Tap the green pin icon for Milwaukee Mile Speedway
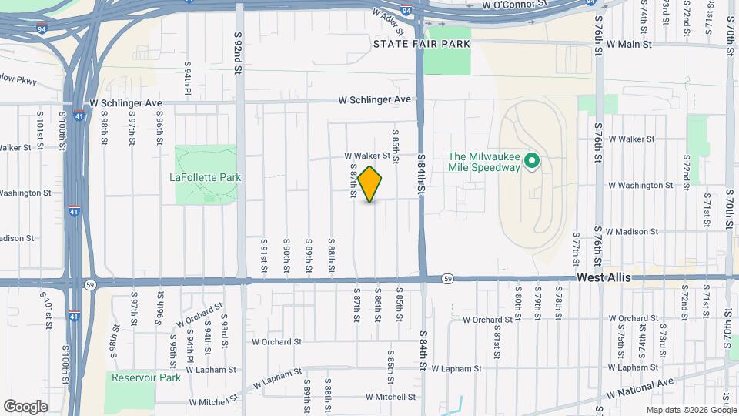[530, 162]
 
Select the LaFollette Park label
[206, 177]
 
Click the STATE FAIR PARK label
[421, 44]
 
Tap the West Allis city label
[604, 277]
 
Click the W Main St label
[629, 44]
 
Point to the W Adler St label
[387, 21]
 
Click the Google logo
[25, 407]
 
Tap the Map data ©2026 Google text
[691, 410]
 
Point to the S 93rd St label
[226, 327]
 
